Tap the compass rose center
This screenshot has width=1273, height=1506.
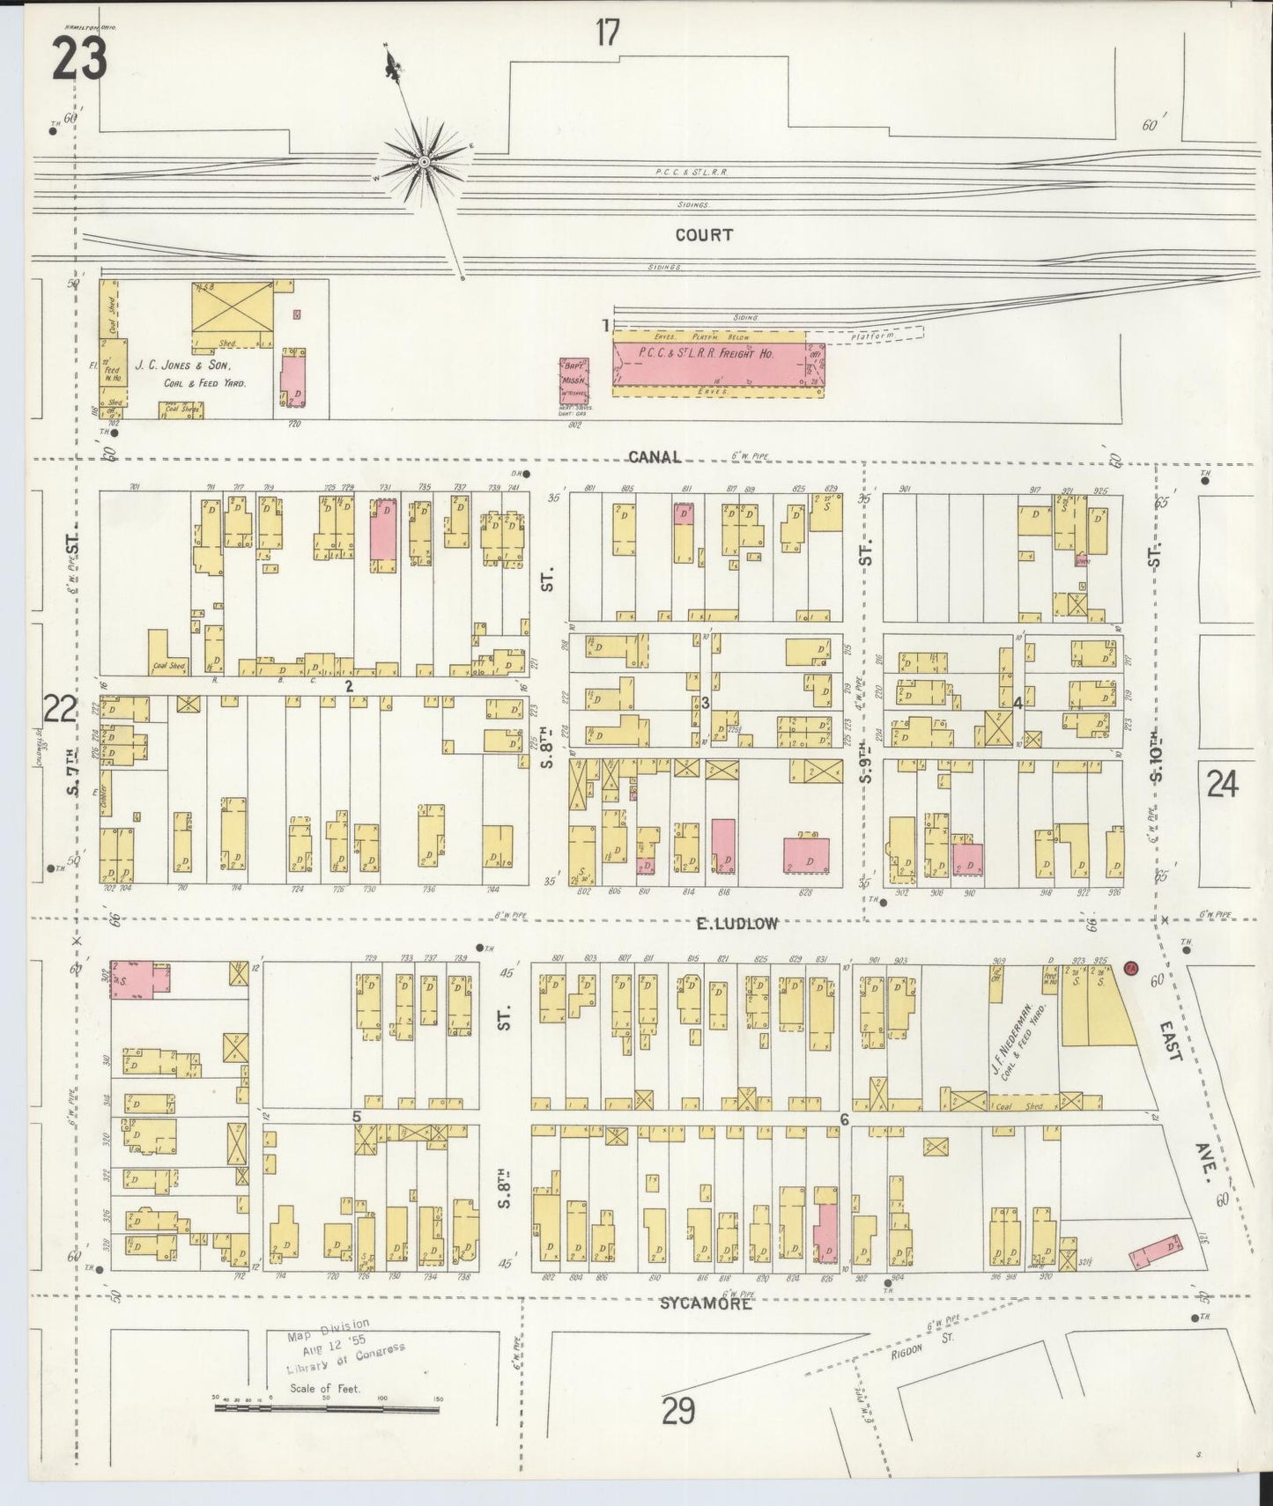(424, 162)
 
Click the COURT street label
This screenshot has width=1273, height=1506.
(704, 235)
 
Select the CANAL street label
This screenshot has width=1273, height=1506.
(655, 456)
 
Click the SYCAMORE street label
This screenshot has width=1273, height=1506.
(706, 1303)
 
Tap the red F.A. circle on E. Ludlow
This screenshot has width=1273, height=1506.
(1132, 968)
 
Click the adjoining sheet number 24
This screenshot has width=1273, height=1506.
(1222, 782)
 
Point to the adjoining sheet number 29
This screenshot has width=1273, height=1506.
(677, 1412)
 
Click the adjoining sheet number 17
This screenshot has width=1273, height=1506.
(608, 33)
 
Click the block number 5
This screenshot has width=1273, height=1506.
(356, 1116)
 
